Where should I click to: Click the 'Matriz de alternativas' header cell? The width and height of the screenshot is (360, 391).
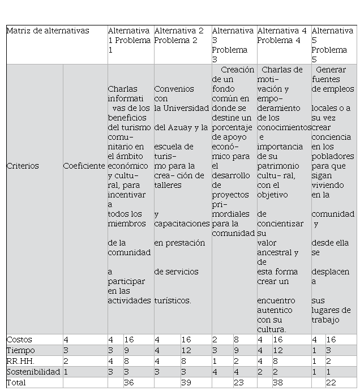pos(48,31)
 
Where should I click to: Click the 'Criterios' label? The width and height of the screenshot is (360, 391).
pos(23,166)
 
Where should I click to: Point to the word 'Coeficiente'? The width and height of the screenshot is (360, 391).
pos(84,166)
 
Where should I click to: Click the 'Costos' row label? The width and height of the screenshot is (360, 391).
pos(19,340)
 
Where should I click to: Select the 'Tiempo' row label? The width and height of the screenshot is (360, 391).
pos(20,350)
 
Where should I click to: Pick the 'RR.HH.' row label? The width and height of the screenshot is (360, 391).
pos(20,361)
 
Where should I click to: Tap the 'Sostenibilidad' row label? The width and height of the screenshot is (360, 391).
pos(33,372)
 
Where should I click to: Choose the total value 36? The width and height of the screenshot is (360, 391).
pos(128,383)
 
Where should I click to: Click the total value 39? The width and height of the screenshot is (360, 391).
pos(186,383)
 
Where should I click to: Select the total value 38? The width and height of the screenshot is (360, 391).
pos(278,383)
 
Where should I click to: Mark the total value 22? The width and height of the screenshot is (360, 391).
pos(332,383)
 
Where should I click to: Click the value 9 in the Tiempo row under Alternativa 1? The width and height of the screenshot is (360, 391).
pos(127,350)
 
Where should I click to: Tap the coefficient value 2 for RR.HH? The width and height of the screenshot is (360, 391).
pos(66,361)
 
